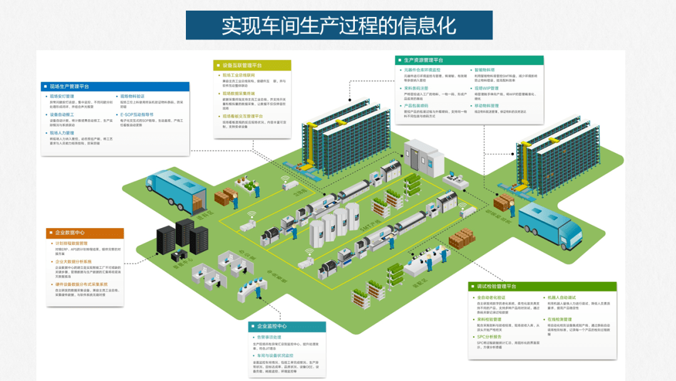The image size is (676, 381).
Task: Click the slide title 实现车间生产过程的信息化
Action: tap(339, 25)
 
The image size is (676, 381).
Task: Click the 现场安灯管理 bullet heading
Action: tap(63, 97)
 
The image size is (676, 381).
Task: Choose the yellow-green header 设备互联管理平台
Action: tap(242, 65)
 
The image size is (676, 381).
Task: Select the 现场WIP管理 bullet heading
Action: tap(486, 88)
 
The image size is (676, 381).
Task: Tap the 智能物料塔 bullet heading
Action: tap(484, 70)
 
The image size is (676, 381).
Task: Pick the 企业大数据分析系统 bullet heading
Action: tap(74, 261)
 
